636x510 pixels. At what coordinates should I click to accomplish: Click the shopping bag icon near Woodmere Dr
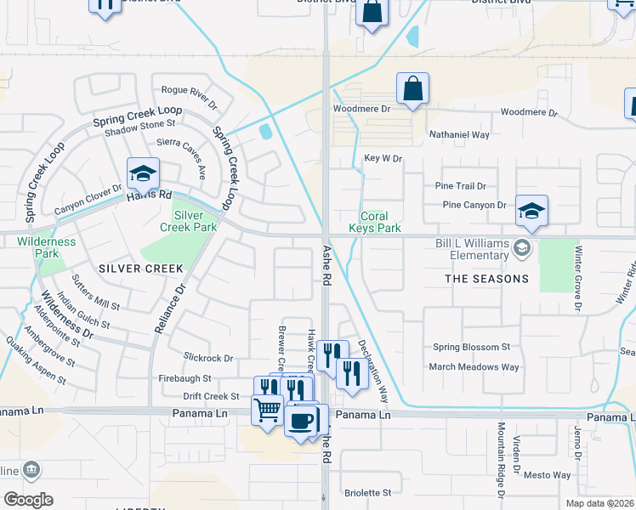[x=412, y=88]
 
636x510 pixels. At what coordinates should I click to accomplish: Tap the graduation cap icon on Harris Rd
[x=144, y=174]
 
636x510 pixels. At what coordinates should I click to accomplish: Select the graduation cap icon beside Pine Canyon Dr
[x=531, y=211]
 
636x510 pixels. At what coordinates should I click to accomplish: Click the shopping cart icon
[x=268, y=411]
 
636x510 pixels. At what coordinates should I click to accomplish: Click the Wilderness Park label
[x=47, y=247]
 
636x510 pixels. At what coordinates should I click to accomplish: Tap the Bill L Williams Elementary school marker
[x=521, y=248]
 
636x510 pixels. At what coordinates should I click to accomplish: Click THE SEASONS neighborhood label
[x=486, y=279]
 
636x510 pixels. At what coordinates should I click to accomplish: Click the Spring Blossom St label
[x=471, y=347]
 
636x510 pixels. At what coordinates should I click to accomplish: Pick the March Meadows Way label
[x=474, y=366]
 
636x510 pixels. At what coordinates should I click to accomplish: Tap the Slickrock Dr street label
[x=207, y=358]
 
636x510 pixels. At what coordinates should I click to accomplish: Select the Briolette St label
[x=367, y=492]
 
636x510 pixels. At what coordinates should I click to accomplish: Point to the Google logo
[x=27, y=500]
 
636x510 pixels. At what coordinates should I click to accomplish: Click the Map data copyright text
[x=599, y=503]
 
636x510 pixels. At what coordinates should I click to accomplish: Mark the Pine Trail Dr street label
[x=460, y=185]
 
